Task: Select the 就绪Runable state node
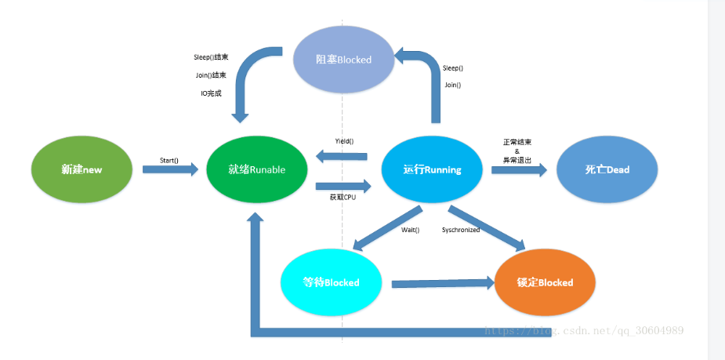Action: [256, 169]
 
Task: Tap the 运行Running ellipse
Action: [432, 169]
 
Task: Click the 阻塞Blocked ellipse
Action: [343, 60]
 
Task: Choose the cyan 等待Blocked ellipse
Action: [331, 282]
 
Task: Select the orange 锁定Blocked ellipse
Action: [546, 282]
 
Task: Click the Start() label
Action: [169, 160]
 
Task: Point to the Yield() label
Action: [344, 141]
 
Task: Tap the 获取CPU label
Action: [343, 198]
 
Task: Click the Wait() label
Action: [410, 230]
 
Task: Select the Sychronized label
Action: [461, 230]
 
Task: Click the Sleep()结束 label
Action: [211, 57]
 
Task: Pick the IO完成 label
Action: [212, 93]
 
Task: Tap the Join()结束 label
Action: [211, 75]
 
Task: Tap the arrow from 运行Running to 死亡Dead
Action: [519, 169]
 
